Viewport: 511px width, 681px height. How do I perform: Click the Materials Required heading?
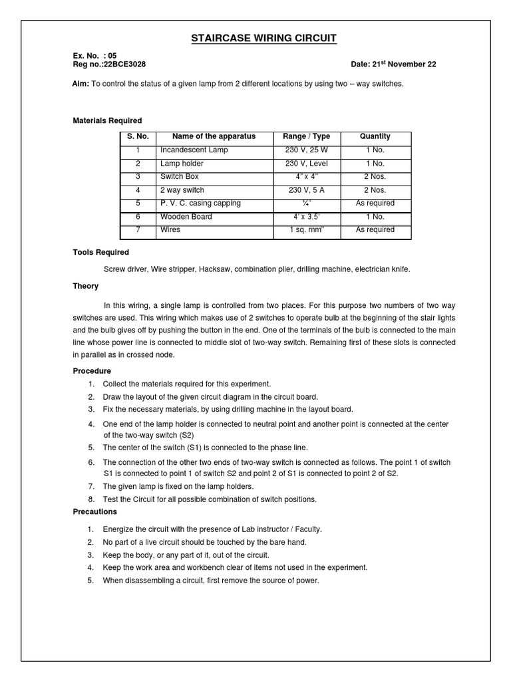tap(106, 120)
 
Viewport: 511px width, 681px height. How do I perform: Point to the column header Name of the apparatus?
tap(214, 136)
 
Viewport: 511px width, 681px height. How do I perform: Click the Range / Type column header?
tap(306, 136)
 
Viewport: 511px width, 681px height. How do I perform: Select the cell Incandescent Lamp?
tap(194, 150)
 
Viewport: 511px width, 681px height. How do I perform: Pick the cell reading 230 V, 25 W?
tap(306, 150)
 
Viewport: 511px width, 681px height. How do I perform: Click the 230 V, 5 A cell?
tap(306, 190)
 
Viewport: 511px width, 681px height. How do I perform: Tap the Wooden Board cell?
tap(186, 217)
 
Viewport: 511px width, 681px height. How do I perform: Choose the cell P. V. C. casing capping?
tap(200, 204)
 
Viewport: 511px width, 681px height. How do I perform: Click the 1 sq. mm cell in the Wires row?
tap(306, 230)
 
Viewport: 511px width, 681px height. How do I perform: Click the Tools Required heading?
tap(100, 253)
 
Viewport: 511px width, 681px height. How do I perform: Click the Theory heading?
tap(85, 286)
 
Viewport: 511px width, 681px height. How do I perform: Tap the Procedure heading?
tap(91, 370)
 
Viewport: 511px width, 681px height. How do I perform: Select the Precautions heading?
tap(94, 511)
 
